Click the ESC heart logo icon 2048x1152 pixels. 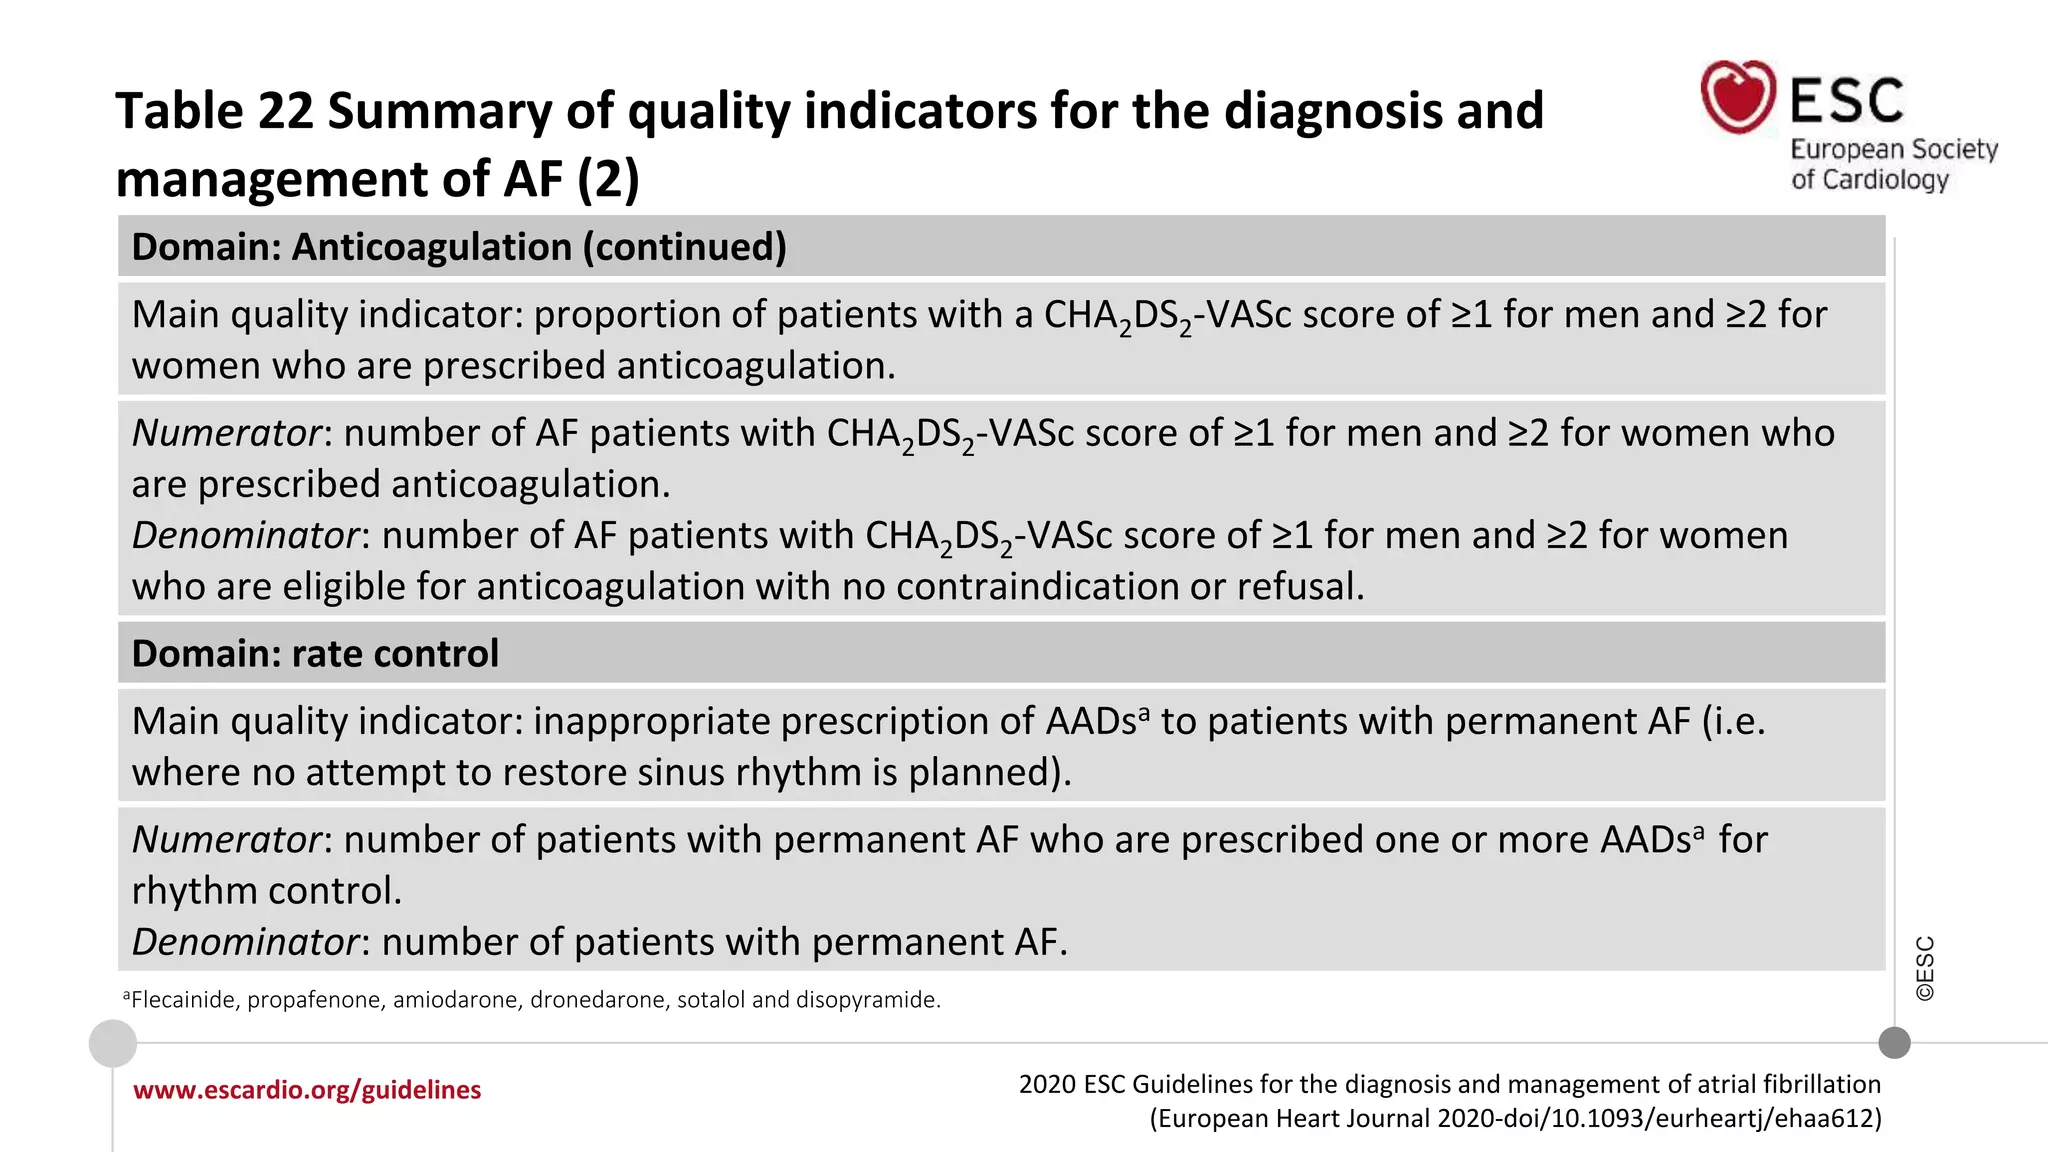[1738, 97]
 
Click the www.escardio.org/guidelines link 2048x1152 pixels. [307, 1090]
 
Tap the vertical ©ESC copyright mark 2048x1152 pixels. [1925, 968]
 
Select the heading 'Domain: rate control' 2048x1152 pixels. [315, 654]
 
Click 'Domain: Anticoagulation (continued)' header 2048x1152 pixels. [459, 247]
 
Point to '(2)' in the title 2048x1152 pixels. [608, 180]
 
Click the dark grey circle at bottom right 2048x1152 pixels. [1894, 1043]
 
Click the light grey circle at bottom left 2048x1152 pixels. [113, 1044]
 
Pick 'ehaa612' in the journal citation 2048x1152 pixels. [1826, 1118]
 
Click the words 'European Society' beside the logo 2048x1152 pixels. [1893, 150]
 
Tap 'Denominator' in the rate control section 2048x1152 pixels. [245, 942]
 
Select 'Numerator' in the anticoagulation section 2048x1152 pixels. [226, 433]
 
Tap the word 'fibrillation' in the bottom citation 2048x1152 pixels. [1821, 1085]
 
